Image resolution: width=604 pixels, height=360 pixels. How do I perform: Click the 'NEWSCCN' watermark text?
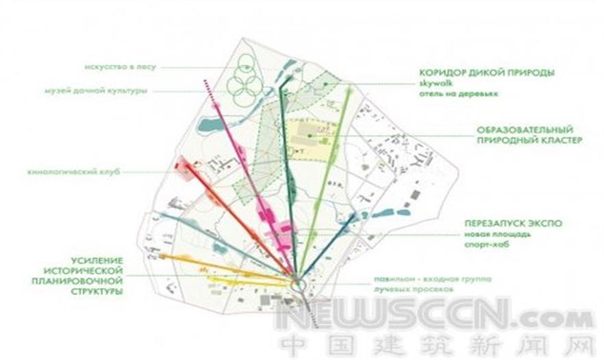[x=404, y=318]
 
